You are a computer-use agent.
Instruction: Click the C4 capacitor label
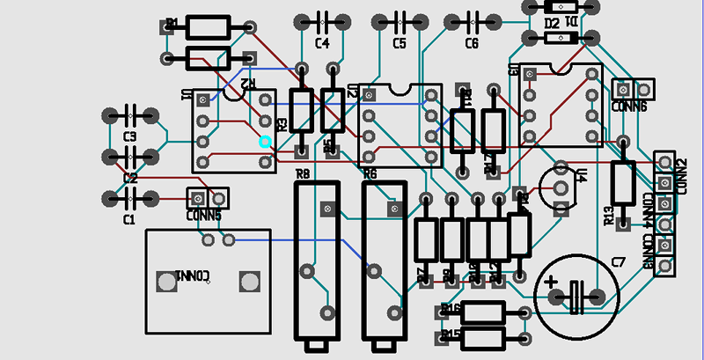[x=322, y=43]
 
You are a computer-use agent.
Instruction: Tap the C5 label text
[x=400, y=43]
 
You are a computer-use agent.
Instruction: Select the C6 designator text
[x=472, y=43]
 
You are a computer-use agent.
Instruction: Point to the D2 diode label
[x=553, y=24]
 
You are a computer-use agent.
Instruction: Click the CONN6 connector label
[x=629, y=107]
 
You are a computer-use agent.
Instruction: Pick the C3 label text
[x=130, y=136]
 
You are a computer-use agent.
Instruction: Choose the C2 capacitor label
[x=130, y=179]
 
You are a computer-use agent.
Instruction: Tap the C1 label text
[x=129, y=219]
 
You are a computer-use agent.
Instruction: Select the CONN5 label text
[x=204, y=215]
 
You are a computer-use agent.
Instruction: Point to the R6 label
[x=370, y=175]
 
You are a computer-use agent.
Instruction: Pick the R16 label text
[x=451, y=309]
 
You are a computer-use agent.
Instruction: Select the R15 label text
[x=451, y=334]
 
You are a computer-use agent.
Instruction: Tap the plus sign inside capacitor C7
[x=552, y=284]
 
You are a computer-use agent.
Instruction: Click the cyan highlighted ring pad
[x=265, y=141]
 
